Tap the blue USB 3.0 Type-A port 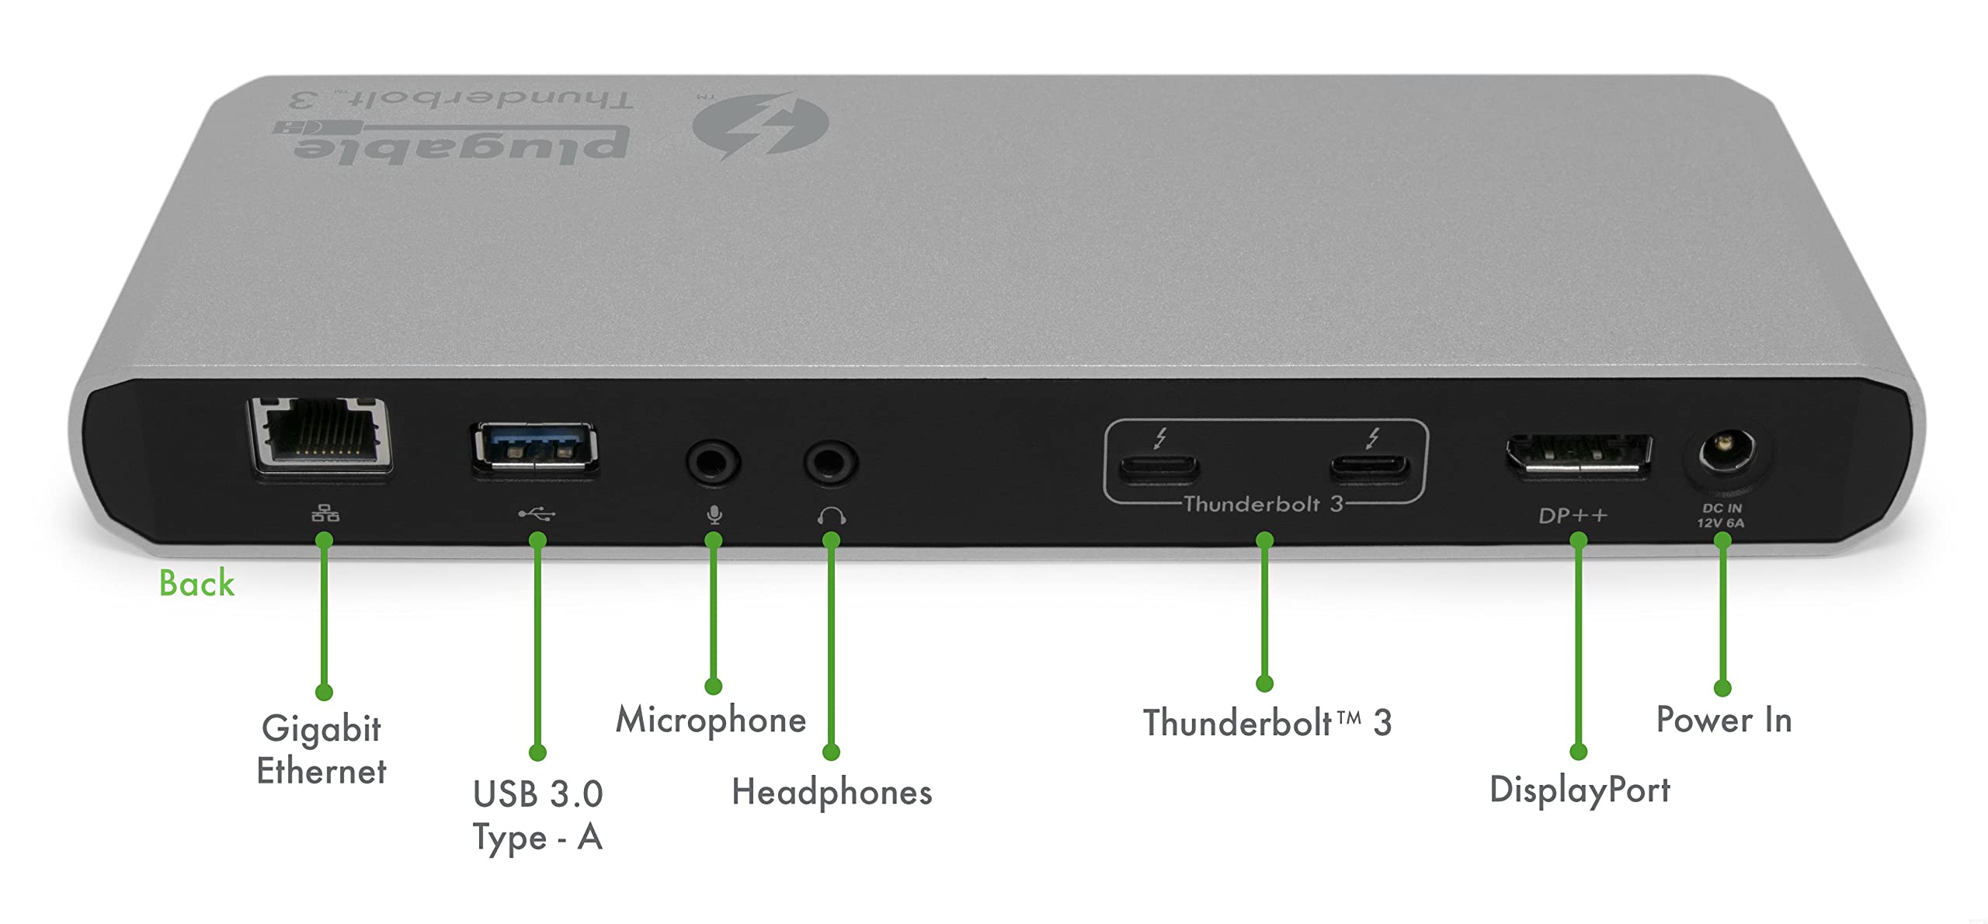pyautogui.click(x=534, y=449)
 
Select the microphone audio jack pyautogui.click(x=713, y=463)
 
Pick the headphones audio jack pyautogui.click(x=830, y=463)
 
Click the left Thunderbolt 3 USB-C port pyautogui.click(x=1158, y=467)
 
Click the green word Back pyautogui.click(x=196, y=583)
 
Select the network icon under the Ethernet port pyautogui.click(x=325, y=513)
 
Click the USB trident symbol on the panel pyautogui.click(x=537, y=513)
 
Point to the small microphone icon pyautogui.click(x=714, y=515)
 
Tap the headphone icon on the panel pyautogui.click(x=831, y=516)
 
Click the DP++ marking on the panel pyautogui.click(x=1573, y=516)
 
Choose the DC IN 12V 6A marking pyautogui.click(x=1721, y=516)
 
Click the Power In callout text pyautogui.click(x=1724, y=720)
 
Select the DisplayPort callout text pyautogui.click(x=1580, y=790)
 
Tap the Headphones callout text pyautogui.click(x=832, y=792)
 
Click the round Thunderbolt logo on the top pyautogui.click(x=760, y=125)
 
